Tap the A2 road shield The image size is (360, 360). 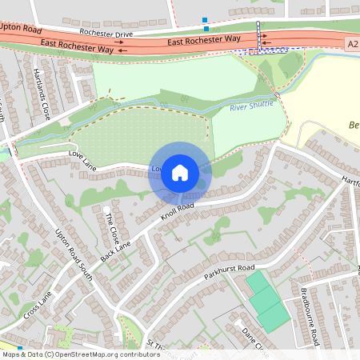[x=352, y=44]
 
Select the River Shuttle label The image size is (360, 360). [x=251, y=105]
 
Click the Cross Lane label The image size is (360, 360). [x=37, y=303]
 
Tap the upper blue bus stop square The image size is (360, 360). [x=205, y=19]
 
